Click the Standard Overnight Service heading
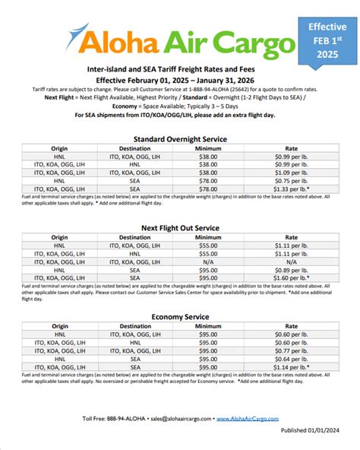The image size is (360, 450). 180,139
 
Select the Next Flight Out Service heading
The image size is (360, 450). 180,227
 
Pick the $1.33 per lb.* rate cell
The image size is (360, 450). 290,189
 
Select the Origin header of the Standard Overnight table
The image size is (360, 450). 59,149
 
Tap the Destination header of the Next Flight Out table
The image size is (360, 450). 135,237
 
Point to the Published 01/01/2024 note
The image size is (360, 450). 312,430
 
